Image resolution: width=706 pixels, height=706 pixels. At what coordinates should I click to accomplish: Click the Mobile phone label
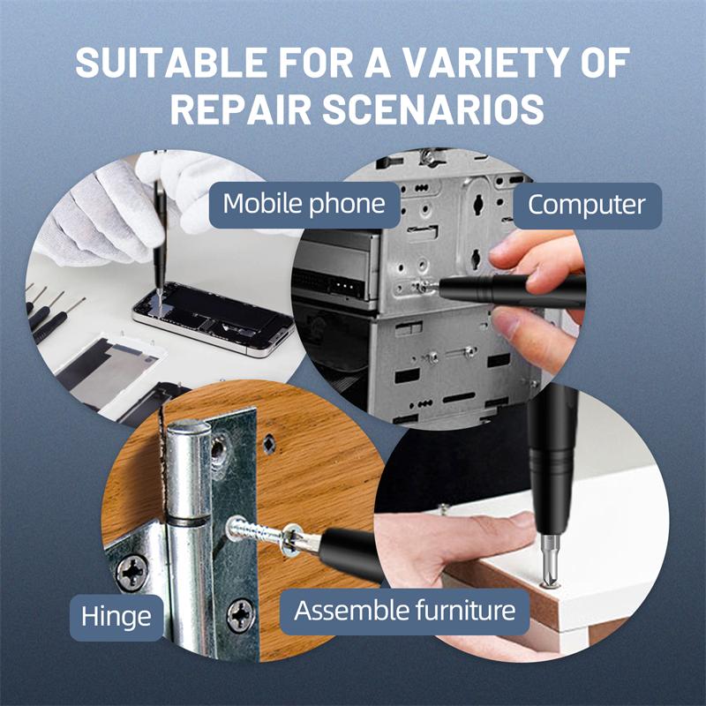click(304, 204)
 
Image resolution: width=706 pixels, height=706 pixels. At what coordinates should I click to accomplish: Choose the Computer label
click(587, 206)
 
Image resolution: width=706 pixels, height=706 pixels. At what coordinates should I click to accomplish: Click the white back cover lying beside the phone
click(110, 362)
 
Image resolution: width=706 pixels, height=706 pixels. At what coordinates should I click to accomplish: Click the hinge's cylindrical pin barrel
click(189, 529)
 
